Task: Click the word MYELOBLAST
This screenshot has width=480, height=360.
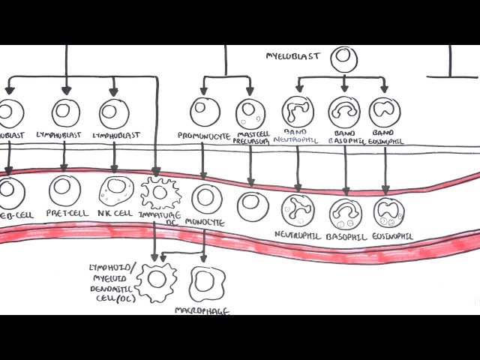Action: (x=292, y=55)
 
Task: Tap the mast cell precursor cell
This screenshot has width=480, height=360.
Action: (x=250, y=113)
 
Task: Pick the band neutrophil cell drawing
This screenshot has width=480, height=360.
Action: (x=297, y=111)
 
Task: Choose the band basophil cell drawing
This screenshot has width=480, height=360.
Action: (x=344, y=112)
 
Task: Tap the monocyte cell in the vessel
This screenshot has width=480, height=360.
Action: (x=206, y=199)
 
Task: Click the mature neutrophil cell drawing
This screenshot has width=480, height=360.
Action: (x=298, y=211)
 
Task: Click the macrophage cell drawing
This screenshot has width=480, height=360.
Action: (x=204, y=283)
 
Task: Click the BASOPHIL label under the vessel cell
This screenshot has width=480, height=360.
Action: (x=346, y=238)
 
